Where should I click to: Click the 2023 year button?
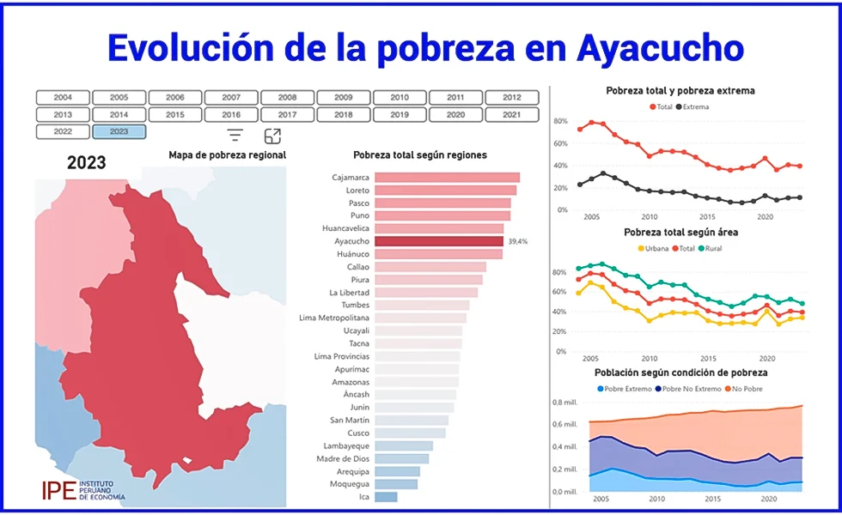pyautogui.click(x=119, y=131)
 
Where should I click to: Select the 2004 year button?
pyautogui.click(x=63, y=98)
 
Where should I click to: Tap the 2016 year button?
pyautogui.click(x=231, y=114)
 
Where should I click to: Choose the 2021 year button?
pyautogui.click(x=511, y=114)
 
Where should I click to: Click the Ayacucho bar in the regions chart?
pyautogui.click(x=439, y=241)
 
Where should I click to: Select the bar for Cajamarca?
pyautogui.click(x=447, y=178)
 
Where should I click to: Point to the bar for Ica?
pyautogui.click(x=386, y=497)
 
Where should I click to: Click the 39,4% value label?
pyautogui.click(x=518, y=242)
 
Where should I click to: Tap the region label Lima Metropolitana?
pyautogui.click(x=334, y=318)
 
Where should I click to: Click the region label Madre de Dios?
pyautogui.click(x=342, y=458)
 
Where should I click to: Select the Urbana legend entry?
pyautogui.click(x=656, y=249)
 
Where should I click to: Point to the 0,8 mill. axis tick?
pyautogui.click(x=564, y=403)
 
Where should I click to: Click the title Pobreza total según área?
pyautogui.click(x=680, y=233)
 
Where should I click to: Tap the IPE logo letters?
pyautogui.click(x=58, y=490)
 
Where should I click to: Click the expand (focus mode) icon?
pyautogui.click(x=272, y=136)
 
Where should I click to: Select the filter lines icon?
pyautogui.click(x=235, y=135)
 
